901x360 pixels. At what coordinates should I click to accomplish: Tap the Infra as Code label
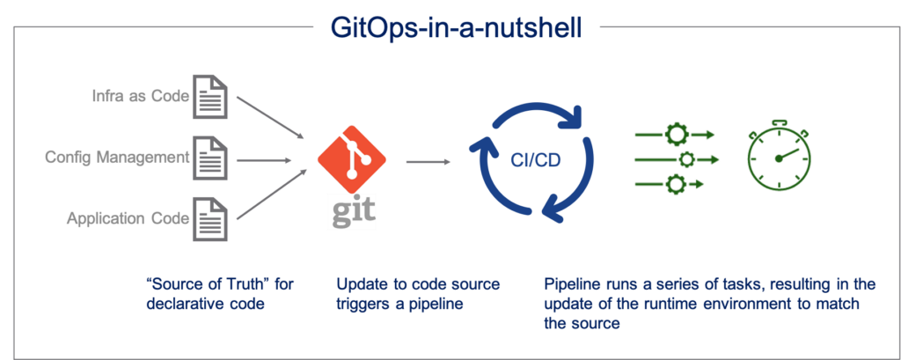click(141, 94)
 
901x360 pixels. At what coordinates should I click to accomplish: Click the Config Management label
click(118, 158)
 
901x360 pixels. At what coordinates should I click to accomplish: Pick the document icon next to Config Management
click(210, 159)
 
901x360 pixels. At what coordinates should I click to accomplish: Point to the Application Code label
click(128, 217)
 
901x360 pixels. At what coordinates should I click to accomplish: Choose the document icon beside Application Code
click(210, 219)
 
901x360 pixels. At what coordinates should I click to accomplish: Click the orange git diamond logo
click(350, 156)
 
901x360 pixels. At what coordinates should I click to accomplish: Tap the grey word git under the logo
click(351, 211)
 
